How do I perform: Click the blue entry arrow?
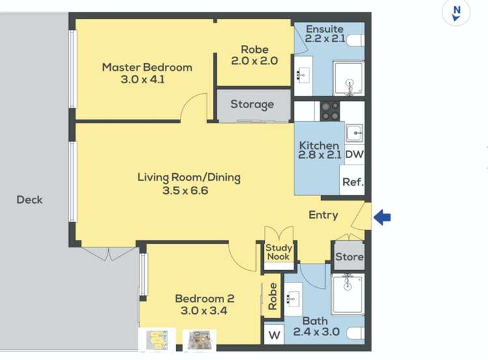tap(382, 217)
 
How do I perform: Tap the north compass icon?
tap(456, 13)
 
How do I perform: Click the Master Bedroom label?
tap(147, 68)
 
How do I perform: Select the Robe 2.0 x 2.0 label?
tap(255, 55)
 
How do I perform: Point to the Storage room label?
tap(252, 104)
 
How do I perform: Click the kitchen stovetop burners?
tap(330, 111)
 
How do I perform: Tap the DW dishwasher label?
tap(354, 154)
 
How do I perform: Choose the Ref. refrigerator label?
tap(353, 182)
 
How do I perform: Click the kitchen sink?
tap(354, 133)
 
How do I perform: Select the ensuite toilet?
tap(356, 40)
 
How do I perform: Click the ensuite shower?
tap(349, 78)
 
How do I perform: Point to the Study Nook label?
tap(279, 252)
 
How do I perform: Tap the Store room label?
tap(349, 256)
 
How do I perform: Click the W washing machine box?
tap(274, 335)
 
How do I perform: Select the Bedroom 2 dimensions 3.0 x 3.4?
tap(204, 311)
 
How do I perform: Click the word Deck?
tap(29, 200)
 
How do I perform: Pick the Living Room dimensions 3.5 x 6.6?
tap(185, 190)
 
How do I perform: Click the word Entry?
tap(323, 215)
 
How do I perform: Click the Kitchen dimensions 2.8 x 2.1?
tap(320, 155)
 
